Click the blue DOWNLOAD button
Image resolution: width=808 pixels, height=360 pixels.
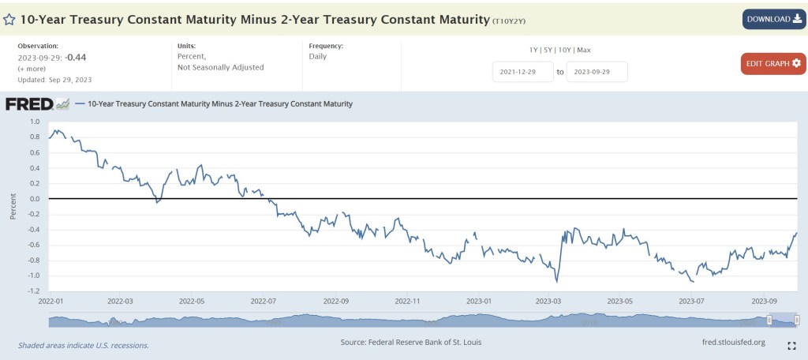point(773,19)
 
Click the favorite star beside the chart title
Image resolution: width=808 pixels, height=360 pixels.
point(9,18)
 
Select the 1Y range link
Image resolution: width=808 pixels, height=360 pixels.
point(534,50)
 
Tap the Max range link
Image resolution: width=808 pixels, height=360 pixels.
point(584,50)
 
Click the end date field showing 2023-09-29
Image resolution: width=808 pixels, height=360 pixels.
point(597,72)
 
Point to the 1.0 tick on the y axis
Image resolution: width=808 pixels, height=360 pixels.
point(34,122)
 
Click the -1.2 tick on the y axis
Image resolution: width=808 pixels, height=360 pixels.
point(32,291)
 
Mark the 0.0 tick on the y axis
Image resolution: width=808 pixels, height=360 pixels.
point(34,199)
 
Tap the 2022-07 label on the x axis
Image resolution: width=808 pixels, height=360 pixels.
point(263,301)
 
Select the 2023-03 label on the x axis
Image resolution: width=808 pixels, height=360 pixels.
point(548,301)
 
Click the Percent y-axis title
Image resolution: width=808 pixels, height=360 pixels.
point(13,206)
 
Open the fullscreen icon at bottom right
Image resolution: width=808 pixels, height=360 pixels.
point(791,346)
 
